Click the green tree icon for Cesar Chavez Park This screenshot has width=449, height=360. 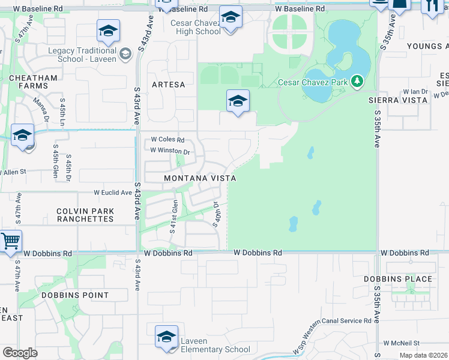coord(358,80)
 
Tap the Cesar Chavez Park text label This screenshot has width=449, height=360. coord(314,82)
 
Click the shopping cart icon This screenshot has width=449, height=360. coord(10,242)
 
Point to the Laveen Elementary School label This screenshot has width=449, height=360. coord(215,346)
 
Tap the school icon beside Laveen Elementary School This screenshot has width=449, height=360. coord(166,337)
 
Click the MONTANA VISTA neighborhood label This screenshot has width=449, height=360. coord(200,178)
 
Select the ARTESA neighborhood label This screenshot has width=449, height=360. coord(169,85)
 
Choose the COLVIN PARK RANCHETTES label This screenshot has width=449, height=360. coord(85,215)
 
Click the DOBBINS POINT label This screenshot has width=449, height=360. coord(75,295)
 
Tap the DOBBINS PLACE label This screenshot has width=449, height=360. coord(397,279)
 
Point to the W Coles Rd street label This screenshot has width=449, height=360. coord(167,139)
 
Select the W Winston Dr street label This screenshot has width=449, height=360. coord(170,151)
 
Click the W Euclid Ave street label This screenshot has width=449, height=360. coord(112,193)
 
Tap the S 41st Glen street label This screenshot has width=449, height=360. coord(173,217)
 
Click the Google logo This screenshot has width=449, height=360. coord(20,352)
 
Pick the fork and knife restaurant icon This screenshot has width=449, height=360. coord(430,6)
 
